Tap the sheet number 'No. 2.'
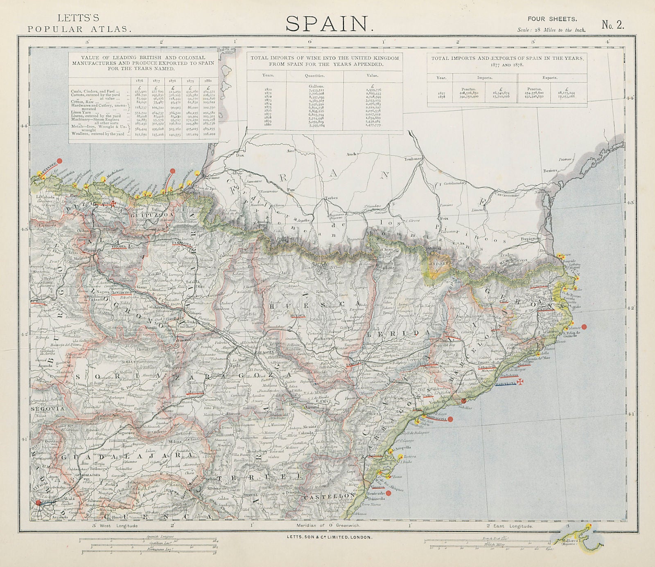click(x=613, y=25)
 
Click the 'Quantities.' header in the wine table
click(x=314, y=76)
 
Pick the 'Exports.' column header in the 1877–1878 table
click(x=550, y=78)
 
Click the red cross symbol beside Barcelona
click(x=521, y=382)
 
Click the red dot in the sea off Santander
click(x=60, y=161)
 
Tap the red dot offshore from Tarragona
click(x=450, y=419)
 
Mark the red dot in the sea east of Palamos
click(x=585, y=326)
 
